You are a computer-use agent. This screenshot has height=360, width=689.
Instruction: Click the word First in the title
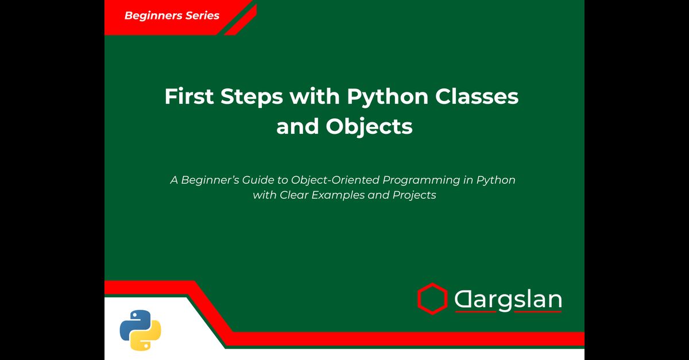point(189,96)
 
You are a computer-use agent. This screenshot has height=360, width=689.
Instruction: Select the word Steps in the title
point(251,97)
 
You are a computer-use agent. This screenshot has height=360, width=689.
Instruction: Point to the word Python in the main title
point(388,97)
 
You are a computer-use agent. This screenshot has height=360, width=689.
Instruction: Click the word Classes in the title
point(477,96)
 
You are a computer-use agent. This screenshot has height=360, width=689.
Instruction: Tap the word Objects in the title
point(369,127)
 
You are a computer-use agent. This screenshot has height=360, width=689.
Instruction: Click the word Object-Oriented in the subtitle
point(335,181)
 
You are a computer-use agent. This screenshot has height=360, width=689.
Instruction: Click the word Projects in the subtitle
point(415,195)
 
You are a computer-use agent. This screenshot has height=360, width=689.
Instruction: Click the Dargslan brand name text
point(508,299)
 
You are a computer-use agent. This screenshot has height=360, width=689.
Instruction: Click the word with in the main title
point(315,96)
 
